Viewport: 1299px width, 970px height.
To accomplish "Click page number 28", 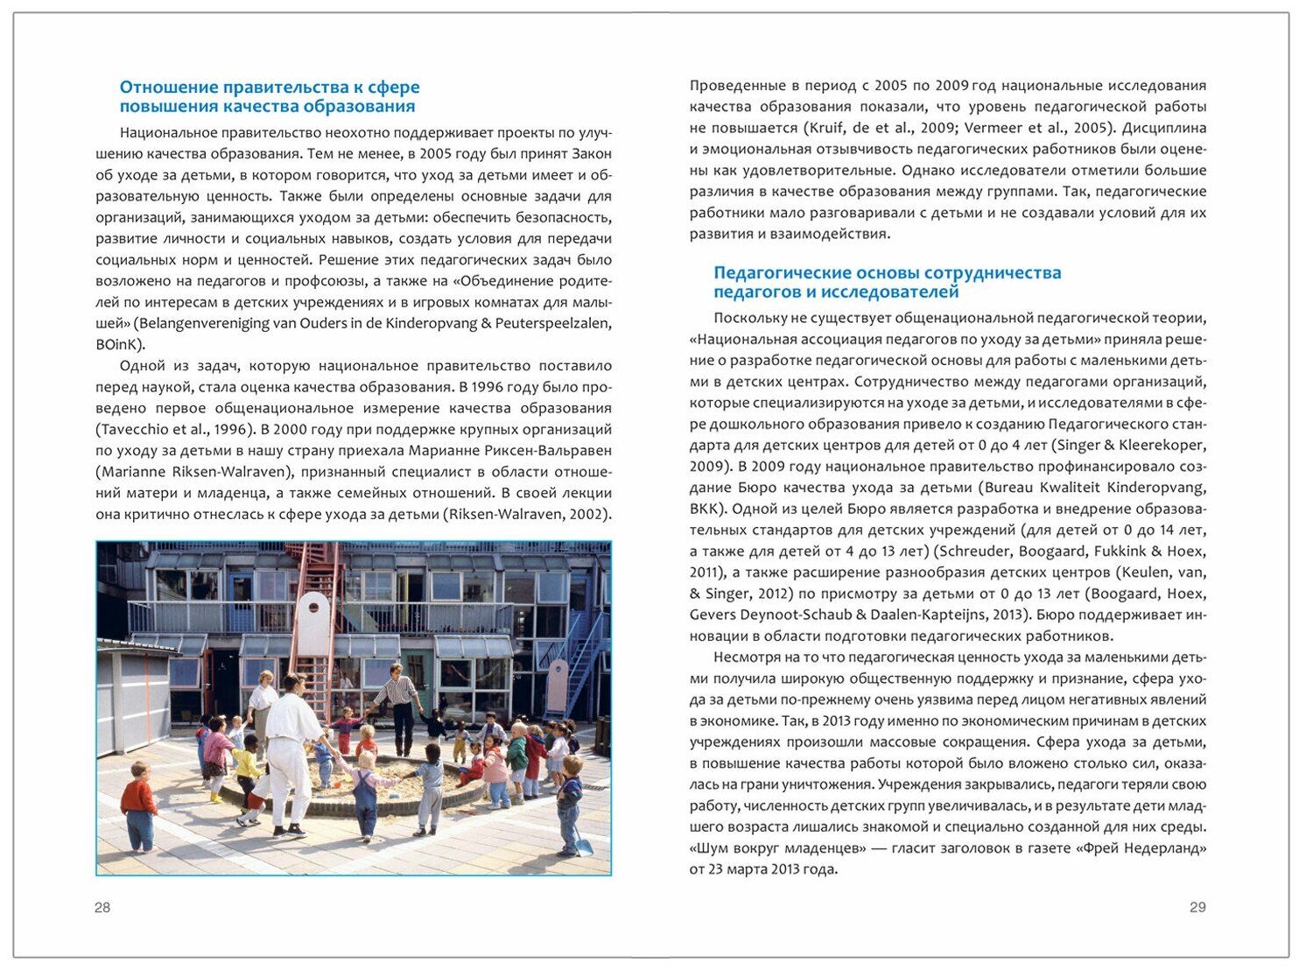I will tap(102, 908).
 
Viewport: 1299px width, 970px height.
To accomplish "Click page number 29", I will tap(1197, 908).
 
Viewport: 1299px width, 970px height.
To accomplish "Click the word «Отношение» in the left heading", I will tap(167, 88).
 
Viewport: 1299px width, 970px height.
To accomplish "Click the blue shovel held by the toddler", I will tap(582, 846).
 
